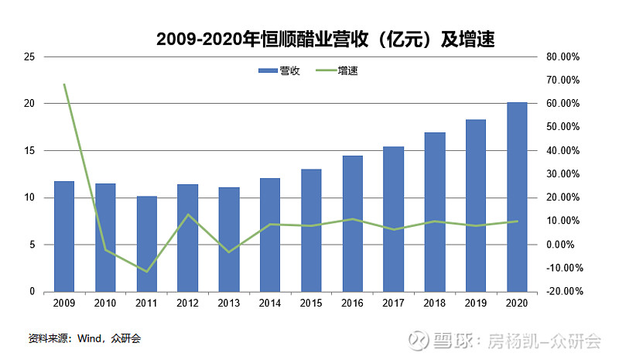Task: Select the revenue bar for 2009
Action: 64,236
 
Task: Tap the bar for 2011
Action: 147,244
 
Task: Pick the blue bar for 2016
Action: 353,224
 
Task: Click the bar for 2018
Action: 435,212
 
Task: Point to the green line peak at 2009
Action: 64,84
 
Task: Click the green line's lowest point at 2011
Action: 147,271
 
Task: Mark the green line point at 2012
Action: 188,214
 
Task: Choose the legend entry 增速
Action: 339,70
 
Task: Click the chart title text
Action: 325,39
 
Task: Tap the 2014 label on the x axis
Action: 270,303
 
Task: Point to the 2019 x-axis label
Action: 476,303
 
